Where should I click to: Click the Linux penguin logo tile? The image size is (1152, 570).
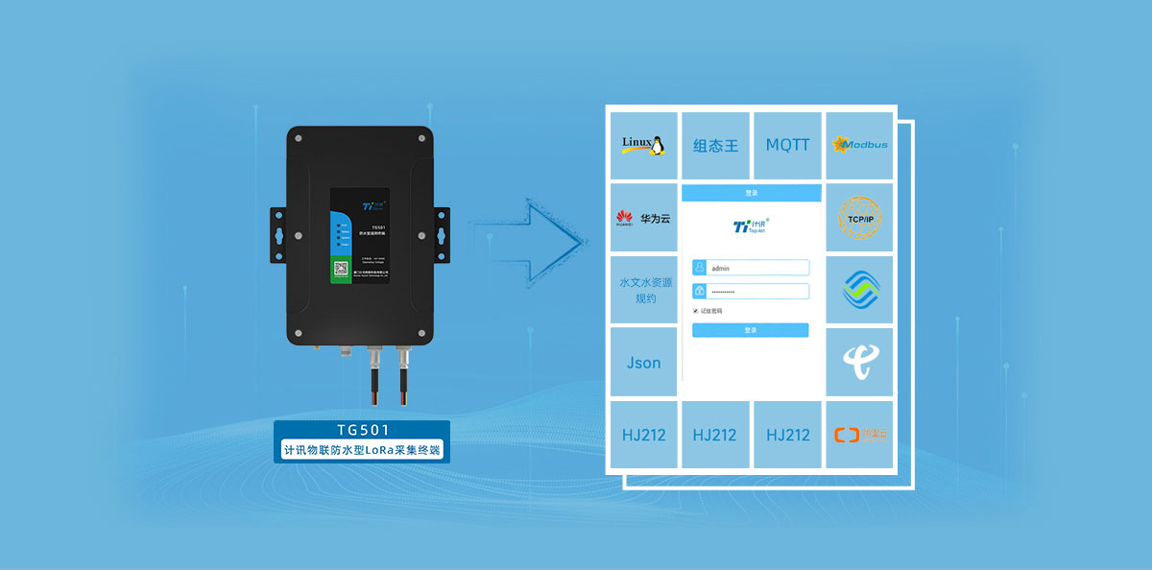tap(643, 145)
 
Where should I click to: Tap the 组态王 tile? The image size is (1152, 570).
tap(716, 146)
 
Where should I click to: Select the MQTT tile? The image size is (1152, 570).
tap(788, 145)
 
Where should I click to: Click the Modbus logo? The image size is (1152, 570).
tap(860, 145)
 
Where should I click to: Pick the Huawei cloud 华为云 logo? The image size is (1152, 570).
tap(643, 218)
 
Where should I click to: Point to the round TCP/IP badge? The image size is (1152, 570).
tap(859, 217)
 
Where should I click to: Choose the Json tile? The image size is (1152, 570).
tap(643, 363)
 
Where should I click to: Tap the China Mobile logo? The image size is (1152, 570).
tap(859, 289)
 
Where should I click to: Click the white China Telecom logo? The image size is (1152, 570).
tap(859, 361)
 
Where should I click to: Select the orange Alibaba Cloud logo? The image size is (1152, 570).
tap(859, 435)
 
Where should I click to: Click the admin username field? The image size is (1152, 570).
tap(751, 269)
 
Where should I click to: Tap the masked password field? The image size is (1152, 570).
tap(751, 291)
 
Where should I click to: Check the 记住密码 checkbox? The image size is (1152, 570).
tap(696, 311)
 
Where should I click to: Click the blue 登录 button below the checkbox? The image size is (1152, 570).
tap(751, 330)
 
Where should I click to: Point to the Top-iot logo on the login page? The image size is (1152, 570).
tap(751, 226)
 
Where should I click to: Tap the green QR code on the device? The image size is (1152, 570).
tap(341, 271)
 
